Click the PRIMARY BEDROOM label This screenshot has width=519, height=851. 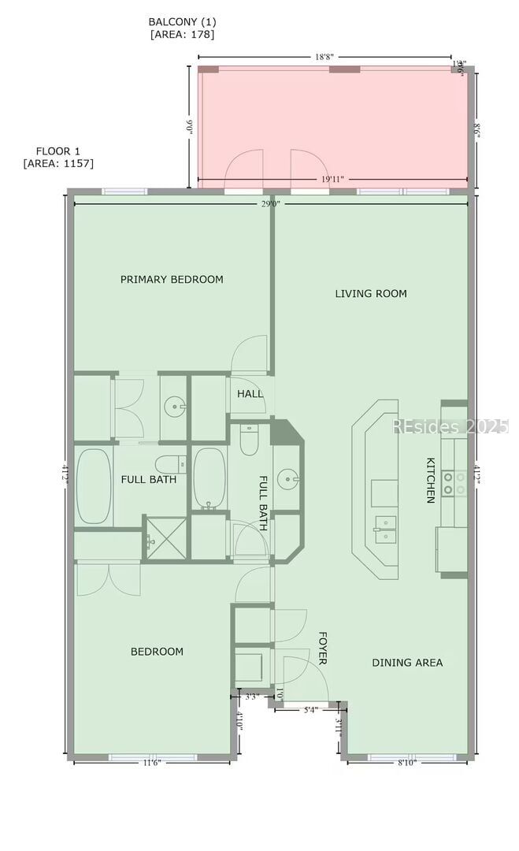click(x=172, y=280)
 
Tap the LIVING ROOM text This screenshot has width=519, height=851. click(x=371, y=294)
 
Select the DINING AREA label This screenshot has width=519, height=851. click(x=407, y=663)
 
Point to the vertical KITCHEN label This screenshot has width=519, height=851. click(x=431, y=480)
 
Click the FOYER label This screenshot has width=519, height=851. click(x=322, y=648)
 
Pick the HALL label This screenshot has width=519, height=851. click(x=250, y=394)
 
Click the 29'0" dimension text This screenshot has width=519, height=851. click(x=271, y=204)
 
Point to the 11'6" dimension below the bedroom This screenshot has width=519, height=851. click(x=152, y=763)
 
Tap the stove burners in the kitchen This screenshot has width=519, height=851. click(x=454, y=482)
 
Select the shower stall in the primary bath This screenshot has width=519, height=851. click(x=166, y=537)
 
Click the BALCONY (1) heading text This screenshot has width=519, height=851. click(x=182, y=22)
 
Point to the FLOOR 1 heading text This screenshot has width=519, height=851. click(x=58, y=151)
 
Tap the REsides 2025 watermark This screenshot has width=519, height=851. click(x=450, y=426)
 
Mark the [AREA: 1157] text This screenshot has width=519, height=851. click(x=58, y=164)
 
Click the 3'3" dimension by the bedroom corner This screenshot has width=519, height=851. click(x=252, y=697)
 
